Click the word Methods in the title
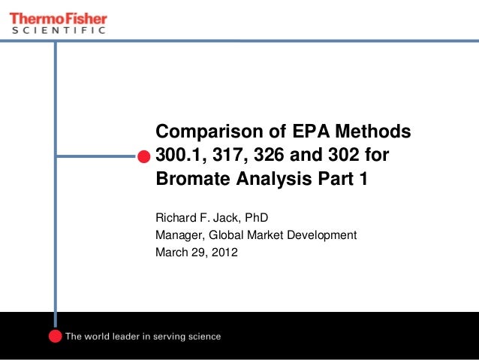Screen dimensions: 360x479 (369, 132)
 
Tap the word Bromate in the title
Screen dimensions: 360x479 (188, 180)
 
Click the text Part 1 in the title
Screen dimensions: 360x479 (343, 180)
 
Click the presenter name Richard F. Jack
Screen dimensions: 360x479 (194, 219)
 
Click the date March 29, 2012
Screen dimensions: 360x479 (196, 252)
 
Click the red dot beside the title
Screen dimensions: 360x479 (143, 156)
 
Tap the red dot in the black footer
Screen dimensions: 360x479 (55, 336)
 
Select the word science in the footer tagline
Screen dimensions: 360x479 (202, 337)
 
